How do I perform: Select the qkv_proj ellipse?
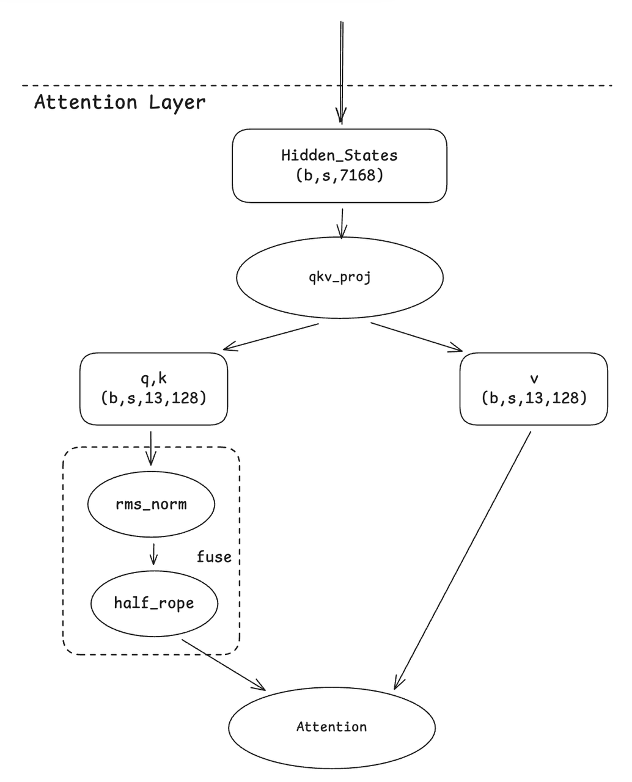(x=339, y=278)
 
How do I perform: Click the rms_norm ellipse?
(x=151, y=505)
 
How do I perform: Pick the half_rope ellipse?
(x=154, y=603)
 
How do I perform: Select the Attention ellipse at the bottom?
(x=331, y=727)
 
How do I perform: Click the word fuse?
(x=214, y=557)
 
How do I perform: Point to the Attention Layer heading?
(x=120, y=102)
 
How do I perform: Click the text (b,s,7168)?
(x=339, y=176)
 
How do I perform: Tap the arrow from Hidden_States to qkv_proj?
(x=342, y=223)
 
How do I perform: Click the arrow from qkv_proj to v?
(x=417, y=337)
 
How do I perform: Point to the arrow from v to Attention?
(x=463, y=559)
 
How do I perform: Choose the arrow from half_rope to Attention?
(x=224, y=665)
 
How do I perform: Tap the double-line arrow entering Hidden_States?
(x=341, y=73)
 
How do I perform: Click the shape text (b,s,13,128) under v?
(x=534, y=398)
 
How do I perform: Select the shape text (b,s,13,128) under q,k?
(x=153, y=398)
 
